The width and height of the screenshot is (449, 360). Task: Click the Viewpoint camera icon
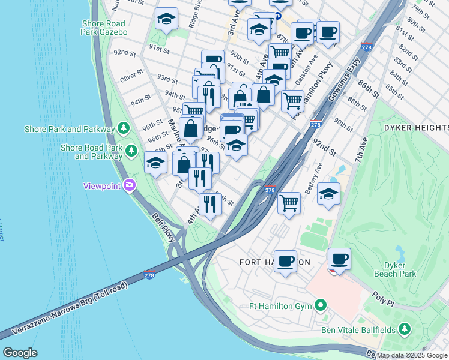[129, 185]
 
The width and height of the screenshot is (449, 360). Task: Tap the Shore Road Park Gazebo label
[104, 27]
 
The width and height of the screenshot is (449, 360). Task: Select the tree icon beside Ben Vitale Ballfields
[405, 329]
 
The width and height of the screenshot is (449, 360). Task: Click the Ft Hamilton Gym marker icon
[321, 306]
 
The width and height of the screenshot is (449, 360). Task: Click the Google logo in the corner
[20, 353]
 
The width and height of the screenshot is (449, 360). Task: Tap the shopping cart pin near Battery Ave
[289, 203]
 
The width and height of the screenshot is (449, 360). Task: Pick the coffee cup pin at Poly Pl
[340, 259]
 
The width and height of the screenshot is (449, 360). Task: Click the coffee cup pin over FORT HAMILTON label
[285, 261]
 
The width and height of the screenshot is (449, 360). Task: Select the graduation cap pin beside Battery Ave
[329, 194]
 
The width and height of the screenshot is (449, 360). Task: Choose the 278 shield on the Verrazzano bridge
[149, 275]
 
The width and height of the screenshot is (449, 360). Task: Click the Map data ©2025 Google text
[412, 355]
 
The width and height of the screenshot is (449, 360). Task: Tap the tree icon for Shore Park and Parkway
[124, 128]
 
